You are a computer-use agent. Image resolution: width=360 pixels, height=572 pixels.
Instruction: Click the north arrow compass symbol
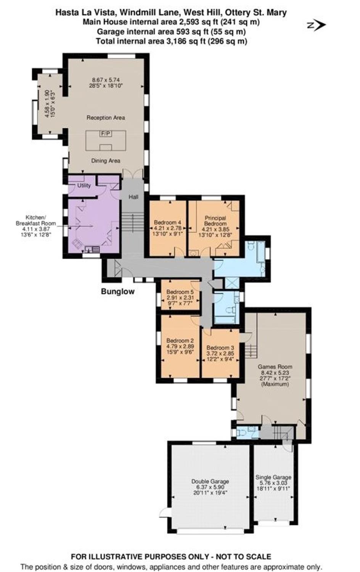click(317, 25)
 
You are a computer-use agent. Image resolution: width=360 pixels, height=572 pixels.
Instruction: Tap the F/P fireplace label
click(106, 133)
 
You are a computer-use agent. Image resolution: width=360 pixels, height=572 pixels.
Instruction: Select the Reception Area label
click(106, 118)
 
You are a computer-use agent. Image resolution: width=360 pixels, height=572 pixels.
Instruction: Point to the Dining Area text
click(106, 161)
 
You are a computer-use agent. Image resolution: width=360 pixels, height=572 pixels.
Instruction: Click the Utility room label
click(84, 185)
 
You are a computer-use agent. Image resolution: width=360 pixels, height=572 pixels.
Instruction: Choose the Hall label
click(133, 197)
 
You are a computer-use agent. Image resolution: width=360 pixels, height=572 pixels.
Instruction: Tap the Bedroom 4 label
click(169, 222)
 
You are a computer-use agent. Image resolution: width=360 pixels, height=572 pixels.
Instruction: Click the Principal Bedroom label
click(215, 221)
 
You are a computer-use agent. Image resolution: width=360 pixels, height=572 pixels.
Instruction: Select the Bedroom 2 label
click(180, 341)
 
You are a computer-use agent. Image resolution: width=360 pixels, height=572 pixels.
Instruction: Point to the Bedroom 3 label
click(220, 348)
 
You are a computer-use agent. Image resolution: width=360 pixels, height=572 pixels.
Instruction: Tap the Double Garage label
click(210, 482)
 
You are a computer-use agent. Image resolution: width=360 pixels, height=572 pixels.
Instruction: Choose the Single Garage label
click(273, 477)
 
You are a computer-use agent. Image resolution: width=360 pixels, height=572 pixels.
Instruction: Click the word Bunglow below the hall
click(118, 291)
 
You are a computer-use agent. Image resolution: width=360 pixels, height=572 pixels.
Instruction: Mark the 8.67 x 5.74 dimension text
click(106, 80)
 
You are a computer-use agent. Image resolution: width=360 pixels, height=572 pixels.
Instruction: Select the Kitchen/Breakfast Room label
click(36, 220)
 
